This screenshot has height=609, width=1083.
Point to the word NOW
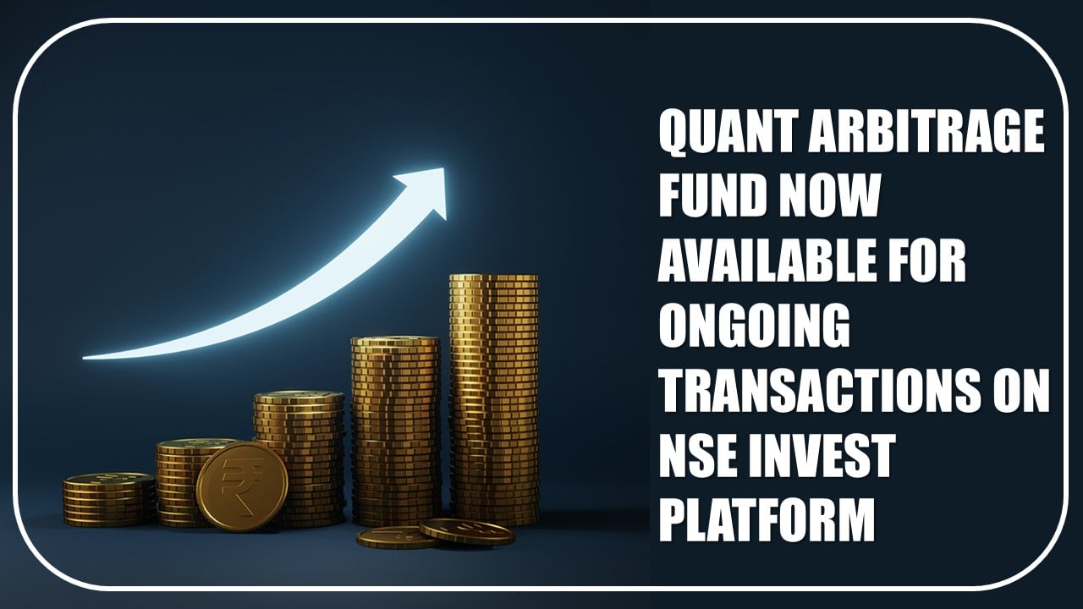click(828, 197)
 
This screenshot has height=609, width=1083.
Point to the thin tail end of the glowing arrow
click(85, 358)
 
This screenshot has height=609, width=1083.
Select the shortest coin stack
click(109, 500)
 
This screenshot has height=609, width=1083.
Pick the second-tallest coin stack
click(396, 431)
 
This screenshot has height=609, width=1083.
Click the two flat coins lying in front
click(435, 534)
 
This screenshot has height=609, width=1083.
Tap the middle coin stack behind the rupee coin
click(300, 459)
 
